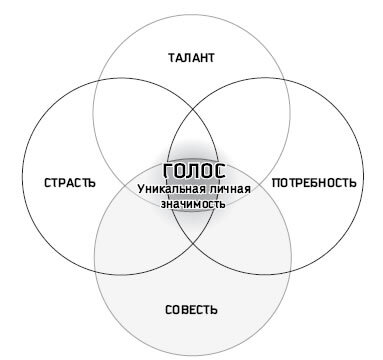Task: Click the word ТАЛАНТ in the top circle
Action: pos(190,59)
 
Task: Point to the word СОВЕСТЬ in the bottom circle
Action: pos(190,308)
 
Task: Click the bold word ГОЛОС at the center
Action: pos(190,170)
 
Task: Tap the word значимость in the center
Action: pos(191,203)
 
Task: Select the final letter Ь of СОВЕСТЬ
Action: pos(213,308)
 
